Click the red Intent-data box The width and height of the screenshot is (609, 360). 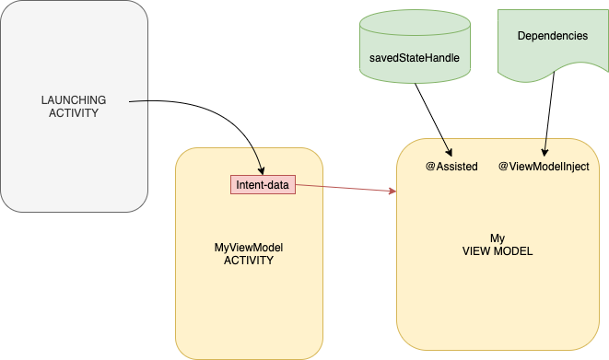(263, 185)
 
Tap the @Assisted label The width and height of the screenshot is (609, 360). (451, 167)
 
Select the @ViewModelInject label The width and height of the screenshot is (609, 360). (544, 167)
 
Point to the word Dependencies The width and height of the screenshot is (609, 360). (553, 36)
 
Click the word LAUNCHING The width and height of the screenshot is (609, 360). (74, 99)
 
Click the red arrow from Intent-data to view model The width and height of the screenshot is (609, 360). (345, 189)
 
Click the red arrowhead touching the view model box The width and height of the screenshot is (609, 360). (392, 192)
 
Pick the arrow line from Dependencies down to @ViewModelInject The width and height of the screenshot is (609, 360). (550, 110)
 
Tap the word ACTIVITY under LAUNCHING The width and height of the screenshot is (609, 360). (74, 113)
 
